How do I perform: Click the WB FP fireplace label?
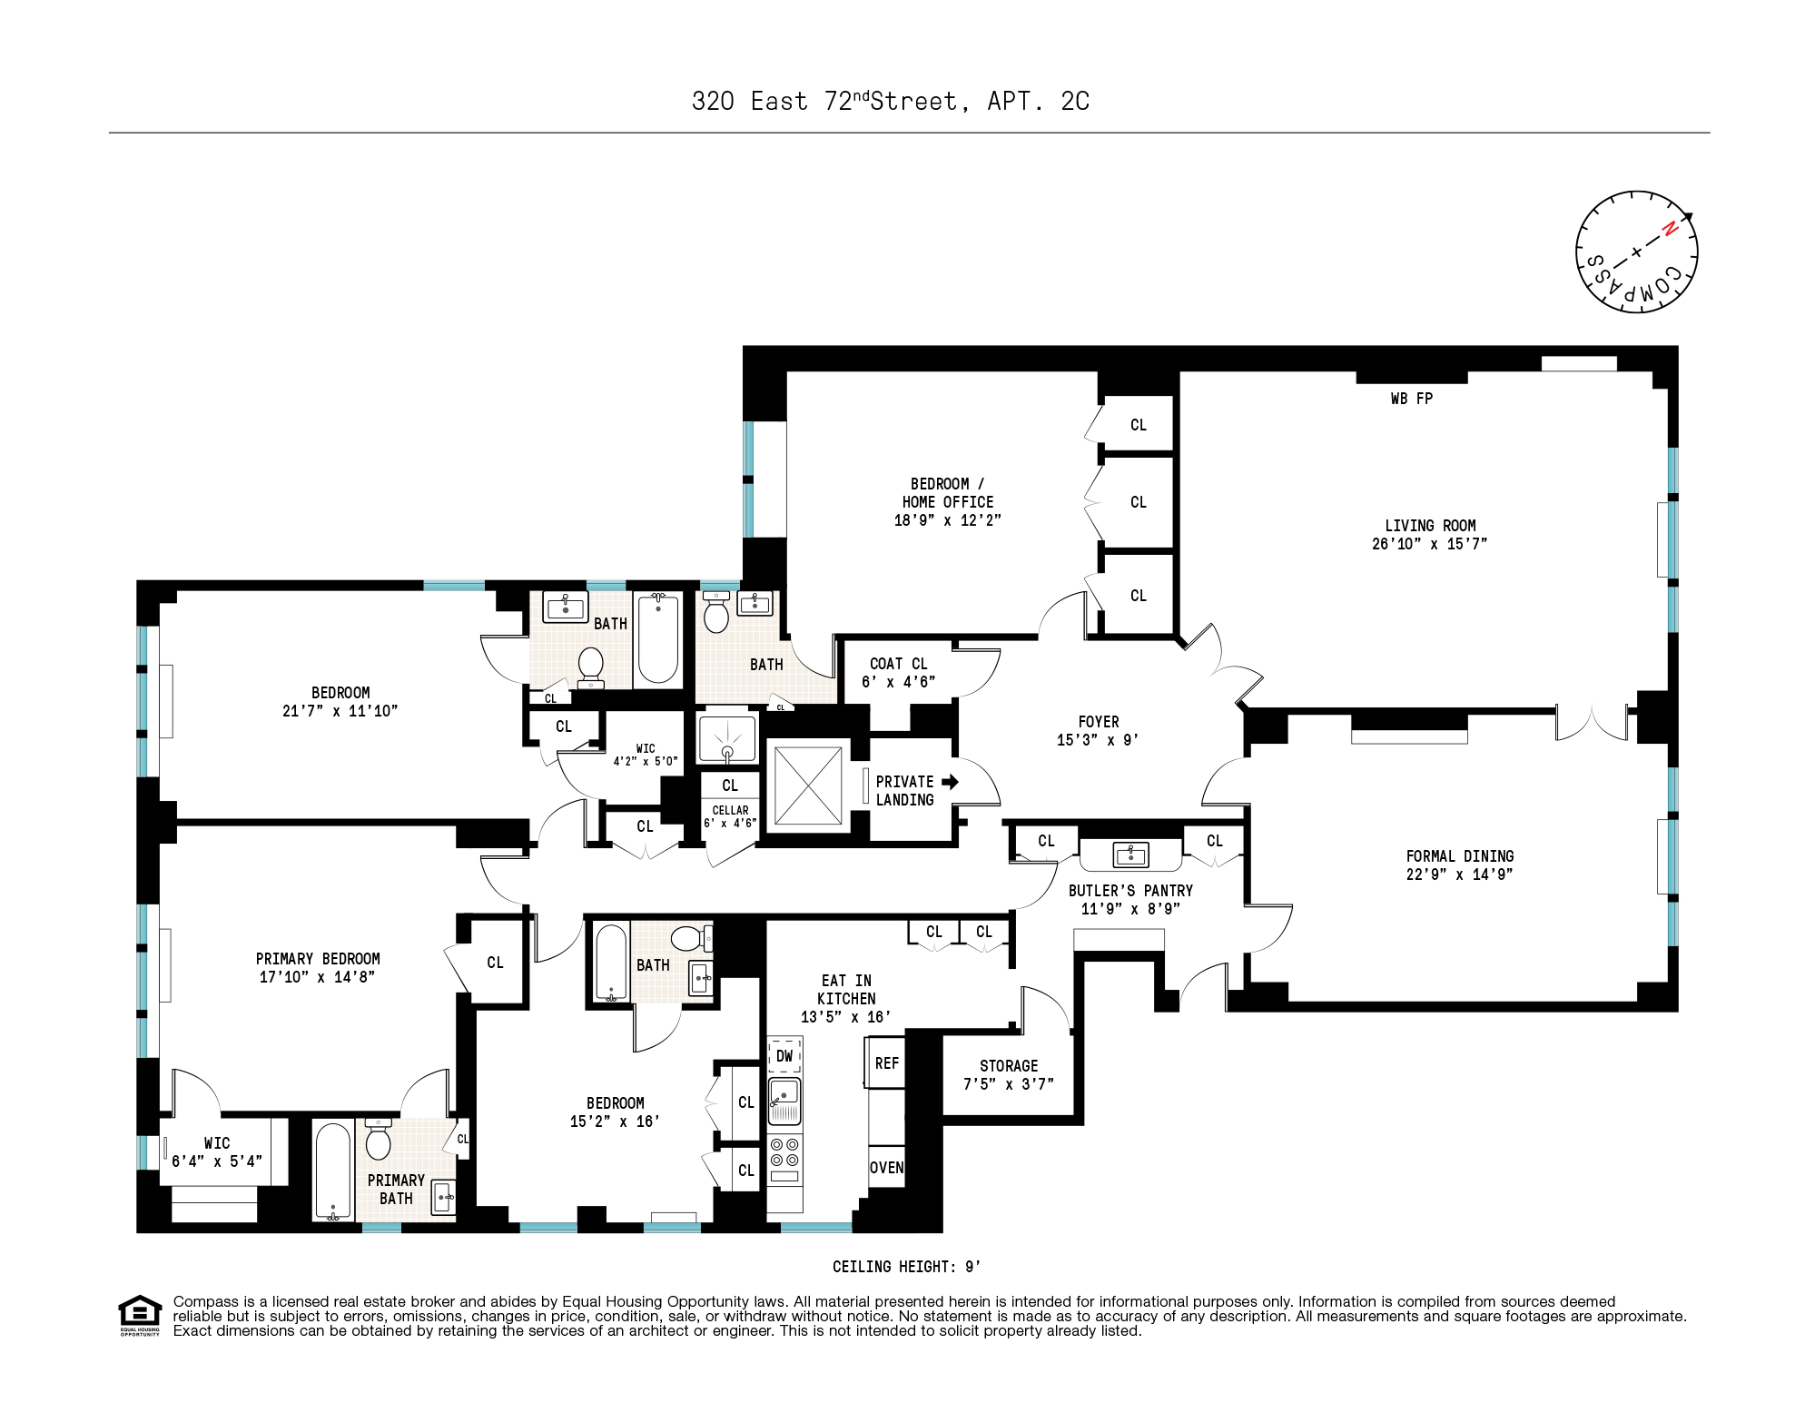[1411, 399]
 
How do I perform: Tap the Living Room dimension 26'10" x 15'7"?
[1429, 544]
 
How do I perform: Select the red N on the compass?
[1669, 230]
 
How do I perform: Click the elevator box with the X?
[807, 785]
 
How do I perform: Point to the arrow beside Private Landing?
[950, 782]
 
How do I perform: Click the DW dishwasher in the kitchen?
[784, 1056]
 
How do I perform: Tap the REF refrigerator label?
[887, 1063]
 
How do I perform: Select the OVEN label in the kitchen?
[886, 1168]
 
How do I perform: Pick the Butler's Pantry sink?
[1130, 855]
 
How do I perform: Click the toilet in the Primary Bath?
[378, 1141]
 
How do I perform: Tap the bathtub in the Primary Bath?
[332, 1171]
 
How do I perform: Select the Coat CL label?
[898, 664]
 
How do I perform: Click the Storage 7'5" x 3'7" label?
[1008, 1075]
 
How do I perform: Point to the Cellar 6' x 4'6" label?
[730, 816]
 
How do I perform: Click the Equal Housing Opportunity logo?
[140, 1314]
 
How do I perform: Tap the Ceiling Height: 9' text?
[906, 1267]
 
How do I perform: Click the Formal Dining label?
[1459, 856]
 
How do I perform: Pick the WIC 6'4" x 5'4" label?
[217, 1152]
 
